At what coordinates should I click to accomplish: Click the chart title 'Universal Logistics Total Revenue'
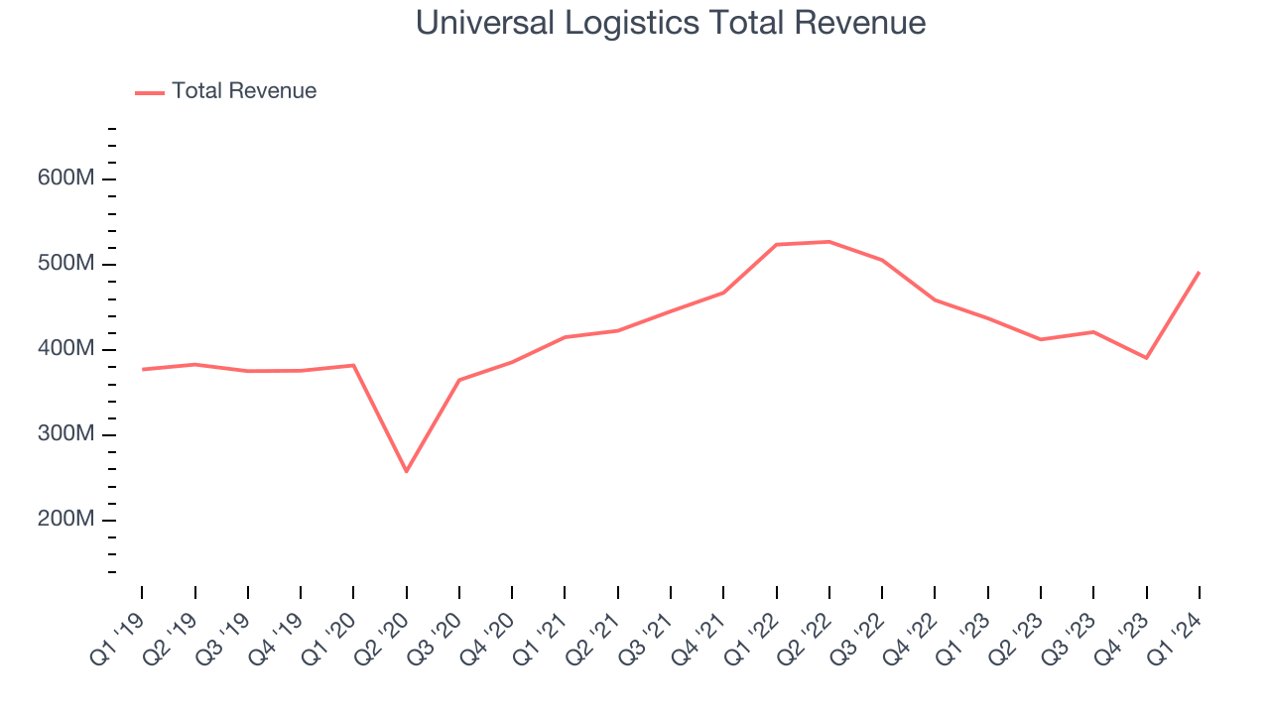click(670, 23)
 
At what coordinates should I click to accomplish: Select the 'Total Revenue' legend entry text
click(243, 91)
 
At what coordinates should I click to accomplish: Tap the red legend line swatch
click(150, 92)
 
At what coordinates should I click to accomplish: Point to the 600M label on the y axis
click(65, 179)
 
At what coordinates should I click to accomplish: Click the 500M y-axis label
click(65, 265)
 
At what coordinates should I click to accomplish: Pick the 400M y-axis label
click(65, 350)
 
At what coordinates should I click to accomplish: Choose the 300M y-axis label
click(65, 435)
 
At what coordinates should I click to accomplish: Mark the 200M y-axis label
click(65, 521)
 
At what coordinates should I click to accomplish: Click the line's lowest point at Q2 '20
click(406, 471)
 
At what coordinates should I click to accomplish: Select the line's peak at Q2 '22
click(829, 241)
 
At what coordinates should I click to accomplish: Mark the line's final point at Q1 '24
click(1200, 272)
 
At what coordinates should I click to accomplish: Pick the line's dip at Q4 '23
click(1147, 358)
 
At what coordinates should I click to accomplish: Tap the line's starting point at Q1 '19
click(142, 369)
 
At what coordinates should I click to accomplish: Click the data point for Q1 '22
click(776, 244)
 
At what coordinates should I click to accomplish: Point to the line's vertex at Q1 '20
click(353, 365)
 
